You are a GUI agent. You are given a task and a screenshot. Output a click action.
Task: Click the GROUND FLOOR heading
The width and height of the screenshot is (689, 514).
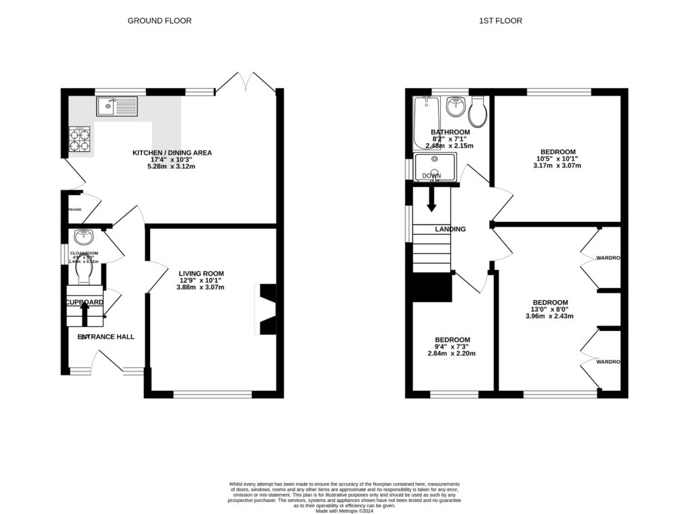click(x=159, y=21)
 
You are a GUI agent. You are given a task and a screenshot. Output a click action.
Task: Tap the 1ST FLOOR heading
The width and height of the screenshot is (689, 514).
click(x=500, y=21)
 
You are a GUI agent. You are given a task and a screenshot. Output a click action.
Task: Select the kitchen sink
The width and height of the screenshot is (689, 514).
click(x=116, y=106)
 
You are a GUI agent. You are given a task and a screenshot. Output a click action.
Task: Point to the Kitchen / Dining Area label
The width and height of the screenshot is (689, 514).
click(x=172, y=153)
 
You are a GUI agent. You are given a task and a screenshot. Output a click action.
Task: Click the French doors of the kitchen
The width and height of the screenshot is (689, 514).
click(x=246, y=82)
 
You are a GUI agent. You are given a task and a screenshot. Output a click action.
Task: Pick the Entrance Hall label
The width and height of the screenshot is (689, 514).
click(x=106, y=336)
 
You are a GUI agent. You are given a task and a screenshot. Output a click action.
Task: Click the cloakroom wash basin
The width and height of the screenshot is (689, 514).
click(x=84, y=237)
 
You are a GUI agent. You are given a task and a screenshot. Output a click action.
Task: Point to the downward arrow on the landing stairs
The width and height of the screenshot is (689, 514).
click(x=431, y=197)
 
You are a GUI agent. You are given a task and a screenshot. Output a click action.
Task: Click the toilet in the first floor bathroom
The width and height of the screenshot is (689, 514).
click(x=478, y=112)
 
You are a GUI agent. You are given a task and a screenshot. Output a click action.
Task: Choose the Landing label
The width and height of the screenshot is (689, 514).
click(x=450, y=229)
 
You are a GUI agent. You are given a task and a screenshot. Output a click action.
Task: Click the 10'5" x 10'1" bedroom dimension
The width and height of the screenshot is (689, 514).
click(x=556, y=159)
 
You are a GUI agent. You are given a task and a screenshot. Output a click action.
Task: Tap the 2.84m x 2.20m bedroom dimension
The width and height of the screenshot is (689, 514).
click(x=451, y=353)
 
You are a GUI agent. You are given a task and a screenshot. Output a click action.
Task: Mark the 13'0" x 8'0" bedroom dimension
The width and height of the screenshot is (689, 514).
click(x=550, y=309)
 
